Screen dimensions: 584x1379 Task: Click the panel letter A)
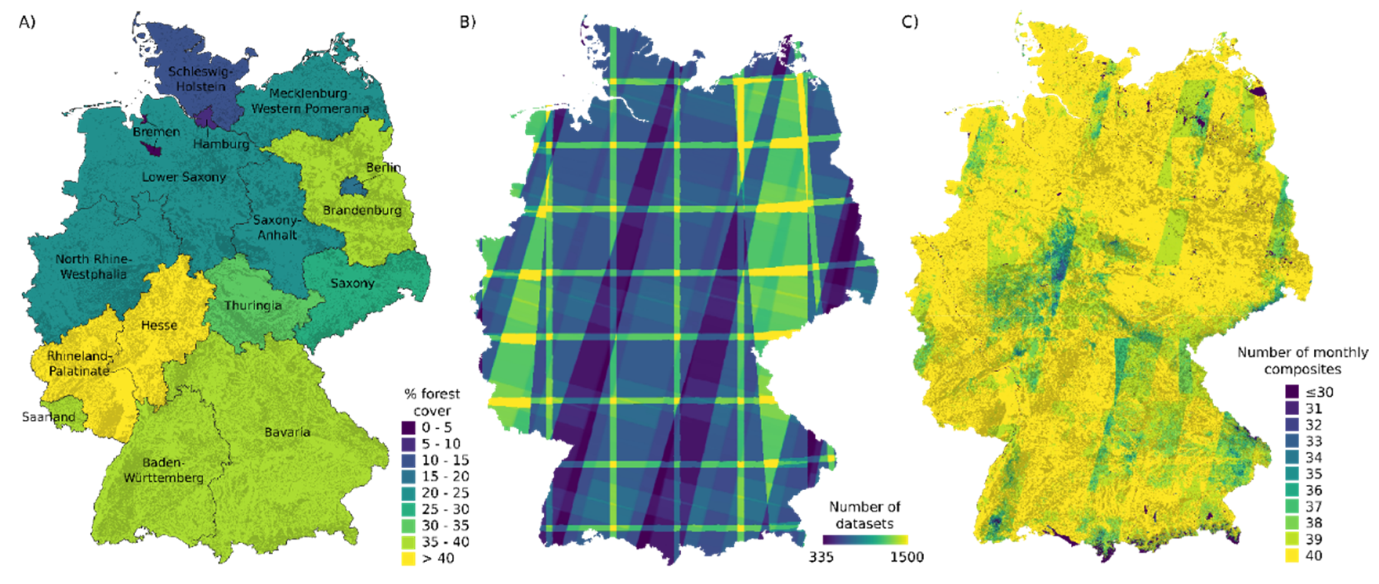(x=27, y=22)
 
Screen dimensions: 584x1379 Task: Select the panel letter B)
(x=467, y=22)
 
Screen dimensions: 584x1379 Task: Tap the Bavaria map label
(x=287, y=432)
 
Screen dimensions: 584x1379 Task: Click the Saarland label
(x=48, y=416)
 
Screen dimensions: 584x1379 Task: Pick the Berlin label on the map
(x=383, y=168)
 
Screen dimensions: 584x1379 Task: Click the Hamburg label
(x=221, y=144)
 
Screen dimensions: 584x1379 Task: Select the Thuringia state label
(x=253, y=305)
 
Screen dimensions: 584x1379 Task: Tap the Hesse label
(x=159, y=325)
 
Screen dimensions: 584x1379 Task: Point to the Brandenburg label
(x=362, y=210)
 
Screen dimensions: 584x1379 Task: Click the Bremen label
(x=156, y=132)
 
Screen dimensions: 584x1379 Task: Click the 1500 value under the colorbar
(x=906, y=557)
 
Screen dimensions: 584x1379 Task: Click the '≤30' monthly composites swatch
(x=1292, y=392)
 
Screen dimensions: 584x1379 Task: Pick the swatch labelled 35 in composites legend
(x=1292, y=474)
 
